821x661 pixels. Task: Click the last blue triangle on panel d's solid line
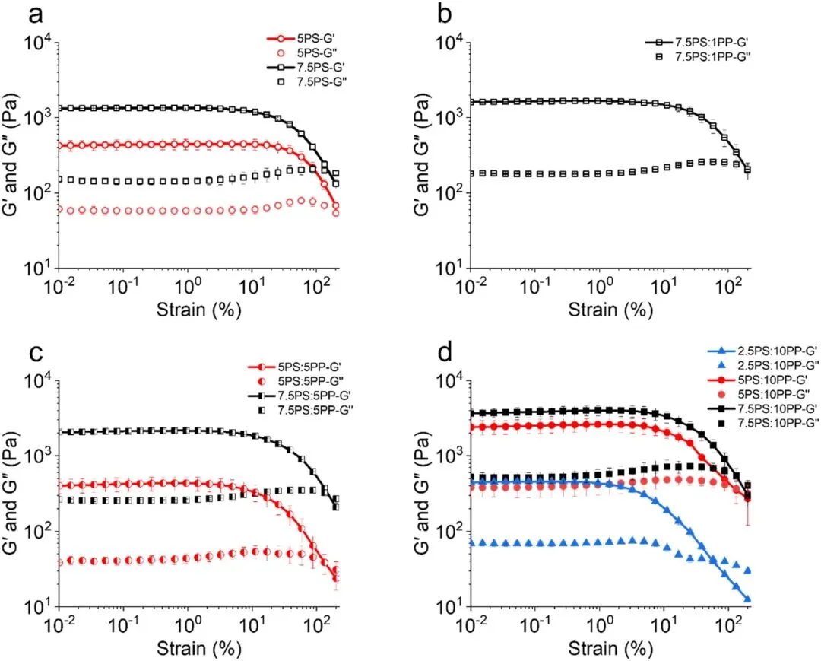pos(748,599)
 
